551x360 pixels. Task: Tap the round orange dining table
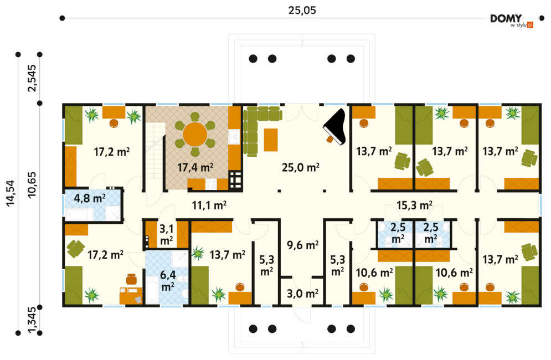pos(195,134)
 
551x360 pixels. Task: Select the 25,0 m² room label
pos(301,167)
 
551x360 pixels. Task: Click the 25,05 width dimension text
pos(302,11)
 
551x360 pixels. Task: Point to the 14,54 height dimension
pos(10,193)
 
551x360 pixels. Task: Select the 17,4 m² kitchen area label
pos(195,167)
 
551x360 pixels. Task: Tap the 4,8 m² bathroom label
pos(90,198)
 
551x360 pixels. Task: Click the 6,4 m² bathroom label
pos(168,281)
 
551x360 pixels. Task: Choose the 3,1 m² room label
pos(167,234)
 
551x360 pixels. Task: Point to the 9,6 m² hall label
pos(302,245)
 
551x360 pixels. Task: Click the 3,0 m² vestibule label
pos(302,293)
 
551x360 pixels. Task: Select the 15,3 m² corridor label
pos(414,205)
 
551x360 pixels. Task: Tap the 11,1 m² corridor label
pos(209,205)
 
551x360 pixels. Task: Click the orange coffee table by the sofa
pos(271,140)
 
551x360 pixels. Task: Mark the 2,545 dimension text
pos(32,78)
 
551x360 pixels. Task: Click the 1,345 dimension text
pos(32,320)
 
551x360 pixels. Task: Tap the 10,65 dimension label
pos(32,185)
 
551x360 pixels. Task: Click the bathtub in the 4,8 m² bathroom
pos(79,214)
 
